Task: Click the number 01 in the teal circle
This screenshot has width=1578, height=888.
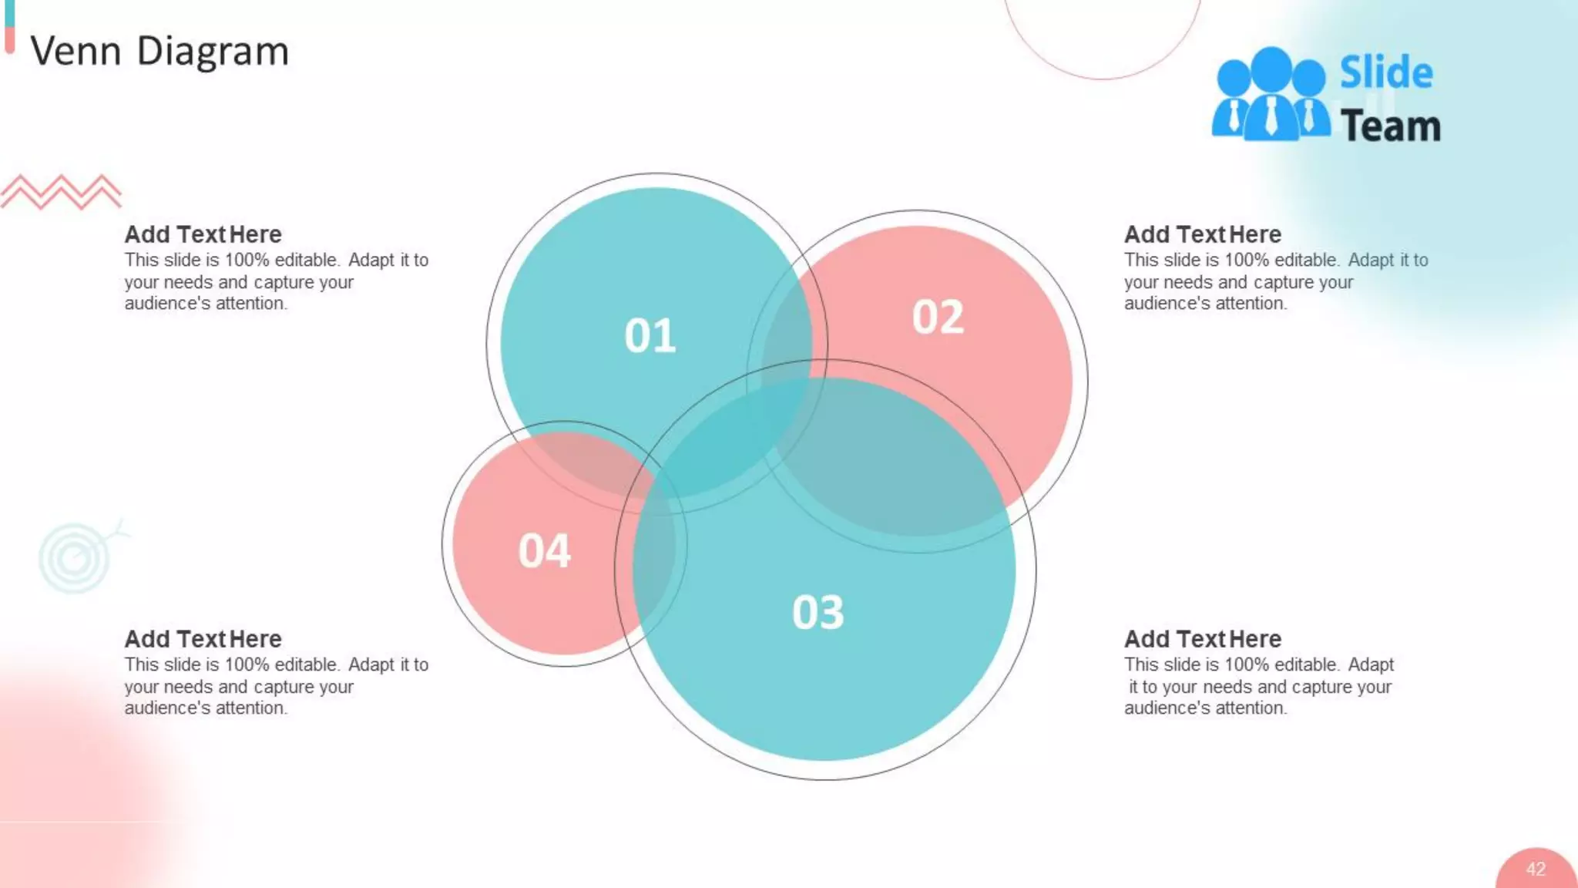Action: (x=650, y=336)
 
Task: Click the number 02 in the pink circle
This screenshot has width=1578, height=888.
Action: (x=938, y=317)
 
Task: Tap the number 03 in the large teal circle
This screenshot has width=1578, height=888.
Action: (x=818, y=613)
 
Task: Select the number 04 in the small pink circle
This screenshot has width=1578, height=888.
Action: (x=544, y=551)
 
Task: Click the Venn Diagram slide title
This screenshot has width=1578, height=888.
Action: (x=159, y=52)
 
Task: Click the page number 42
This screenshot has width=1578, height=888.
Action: (x=1535, y=869)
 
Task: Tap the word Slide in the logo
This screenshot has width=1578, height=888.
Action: (x=1385, y=72)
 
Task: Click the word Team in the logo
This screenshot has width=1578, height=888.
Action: (x=1390, y=126)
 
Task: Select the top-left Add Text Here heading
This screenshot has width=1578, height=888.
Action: (x=203, y=234)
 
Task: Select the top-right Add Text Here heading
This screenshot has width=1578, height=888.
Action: (x=1202, y=234)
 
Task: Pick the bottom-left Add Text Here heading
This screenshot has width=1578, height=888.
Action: (x=203, y=639)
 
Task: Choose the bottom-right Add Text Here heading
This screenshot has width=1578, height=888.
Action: (x=1202, y=639)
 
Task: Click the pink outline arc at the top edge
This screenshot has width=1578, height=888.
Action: (x=1102, y=77)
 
